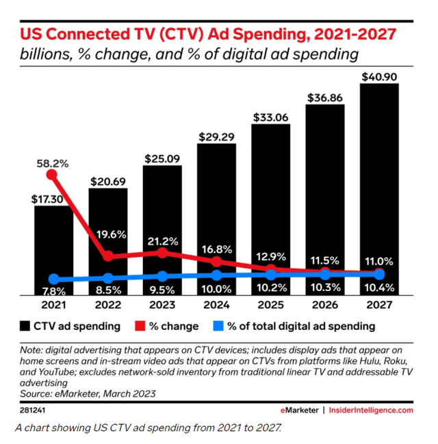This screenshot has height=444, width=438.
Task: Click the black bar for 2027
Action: click(378, 184)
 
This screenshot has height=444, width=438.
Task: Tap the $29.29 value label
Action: click(216, 136)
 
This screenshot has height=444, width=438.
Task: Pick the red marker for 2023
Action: click(162, 252)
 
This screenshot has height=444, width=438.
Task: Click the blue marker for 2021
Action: click(53, 279)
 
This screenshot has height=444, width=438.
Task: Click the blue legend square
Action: click(219, 326)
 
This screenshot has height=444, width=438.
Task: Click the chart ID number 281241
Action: click(33, 410)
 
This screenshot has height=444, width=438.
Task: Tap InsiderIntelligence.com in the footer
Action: click(372, 410)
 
